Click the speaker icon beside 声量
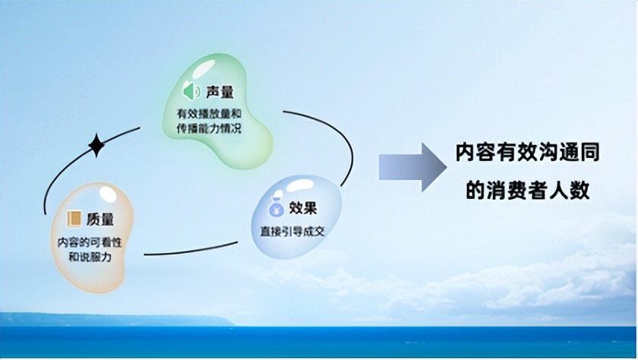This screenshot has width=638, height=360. pyautogui.click(x=190, y=93)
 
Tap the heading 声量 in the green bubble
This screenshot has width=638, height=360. pyautogui.click(x=219, y=93)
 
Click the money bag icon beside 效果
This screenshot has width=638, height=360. pyautogui.click(x=277, y=207)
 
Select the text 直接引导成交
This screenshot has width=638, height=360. pyautogui.click(x=292, y=230)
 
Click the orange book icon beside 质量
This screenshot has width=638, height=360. pyautogui.click(x=74, y=219)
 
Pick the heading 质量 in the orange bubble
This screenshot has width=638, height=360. pyautogui.click(x=100, y=219)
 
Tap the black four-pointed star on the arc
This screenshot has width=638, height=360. pyautogui.click(x=96, y=145)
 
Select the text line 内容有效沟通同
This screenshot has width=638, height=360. pyautogui.click(x=527, y=153)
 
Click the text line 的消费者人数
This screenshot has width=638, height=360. pyautogui.click(x=527, y=189)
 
